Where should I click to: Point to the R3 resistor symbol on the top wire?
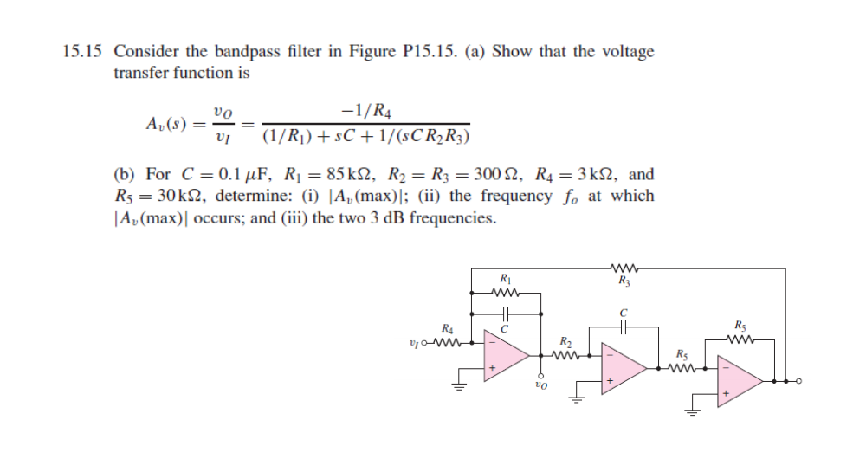(623, 268)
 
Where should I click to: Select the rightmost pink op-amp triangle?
(740, 380)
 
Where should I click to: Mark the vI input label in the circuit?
(412, 342)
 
